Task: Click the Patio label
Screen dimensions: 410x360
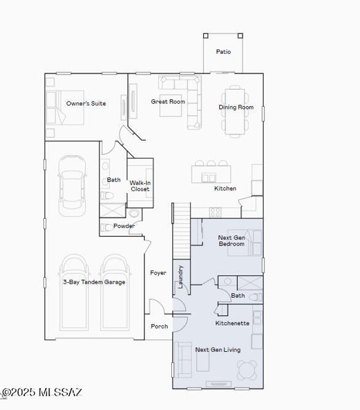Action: (x=223, y=52)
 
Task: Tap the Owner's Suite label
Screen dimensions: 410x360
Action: (x=86, y=104)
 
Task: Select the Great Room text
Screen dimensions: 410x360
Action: (x=168, y=101)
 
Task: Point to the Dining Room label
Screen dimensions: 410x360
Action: (x=236, y=107)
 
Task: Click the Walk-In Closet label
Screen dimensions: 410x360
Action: (x=140, y=186)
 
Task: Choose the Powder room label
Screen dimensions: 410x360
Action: (x=124, y=226)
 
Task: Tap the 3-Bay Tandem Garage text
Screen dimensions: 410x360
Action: (x=94, y=282)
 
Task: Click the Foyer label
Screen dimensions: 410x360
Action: (x=158, y=273)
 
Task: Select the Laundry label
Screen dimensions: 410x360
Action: (x=181, y=277)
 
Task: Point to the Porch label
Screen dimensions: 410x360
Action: (x=159, y=326)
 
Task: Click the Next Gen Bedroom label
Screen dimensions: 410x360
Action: (x=231, y=241)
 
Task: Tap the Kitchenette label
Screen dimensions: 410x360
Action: (x=232, y=324)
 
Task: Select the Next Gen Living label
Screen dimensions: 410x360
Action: (x=218, y=350)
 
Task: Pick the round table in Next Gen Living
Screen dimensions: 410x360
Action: (x=247, y=370)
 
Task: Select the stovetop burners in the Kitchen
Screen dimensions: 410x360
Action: (x=215, y=212)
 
